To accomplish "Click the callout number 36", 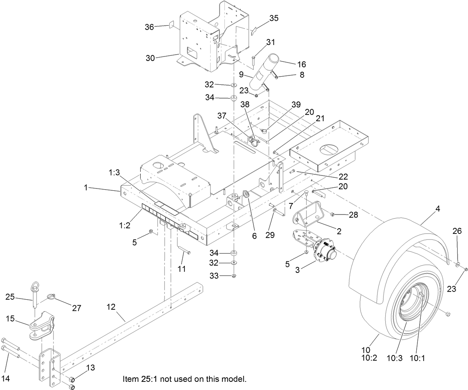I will pos(149,27).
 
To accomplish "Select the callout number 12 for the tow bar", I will pos(111,307).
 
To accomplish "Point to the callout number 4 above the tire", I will pos(438,209).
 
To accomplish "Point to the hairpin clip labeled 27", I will pos(51,297).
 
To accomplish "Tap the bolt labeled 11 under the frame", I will pos(185,252).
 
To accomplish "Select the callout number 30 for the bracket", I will pos(151,58).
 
